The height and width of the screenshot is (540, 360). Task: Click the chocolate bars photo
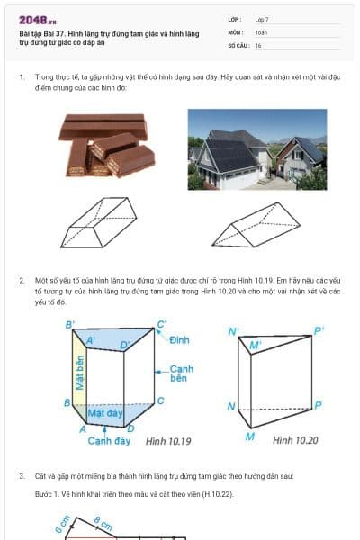(106, 145)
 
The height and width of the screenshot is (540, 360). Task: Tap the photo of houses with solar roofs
(256, 149)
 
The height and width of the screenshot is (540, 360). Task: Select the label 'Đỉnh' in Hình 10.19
(179, 339)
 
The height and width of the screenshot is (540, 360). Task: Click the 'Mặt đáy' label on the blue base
(105, 413)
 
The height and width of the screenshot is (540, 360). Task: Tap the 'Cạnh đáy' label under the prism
(109, 441)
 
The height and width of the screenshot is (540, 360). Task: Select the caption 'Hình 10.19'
(169, 441)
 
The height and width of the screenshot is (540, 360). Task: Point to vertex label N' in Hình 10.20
(233, 331)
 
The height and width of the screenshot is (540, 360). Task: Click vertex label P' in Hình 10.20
(319, 331)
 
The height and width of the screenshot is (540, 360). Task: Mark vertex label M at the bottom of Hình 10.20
(249, 436)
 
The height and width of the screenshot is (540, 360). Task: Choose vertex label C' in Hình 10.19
(162, 324)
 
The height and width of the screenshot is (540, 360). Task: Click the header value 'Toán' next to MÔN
(262, 31)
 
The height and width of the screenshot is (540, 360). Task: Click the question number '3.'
(22, 475)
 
